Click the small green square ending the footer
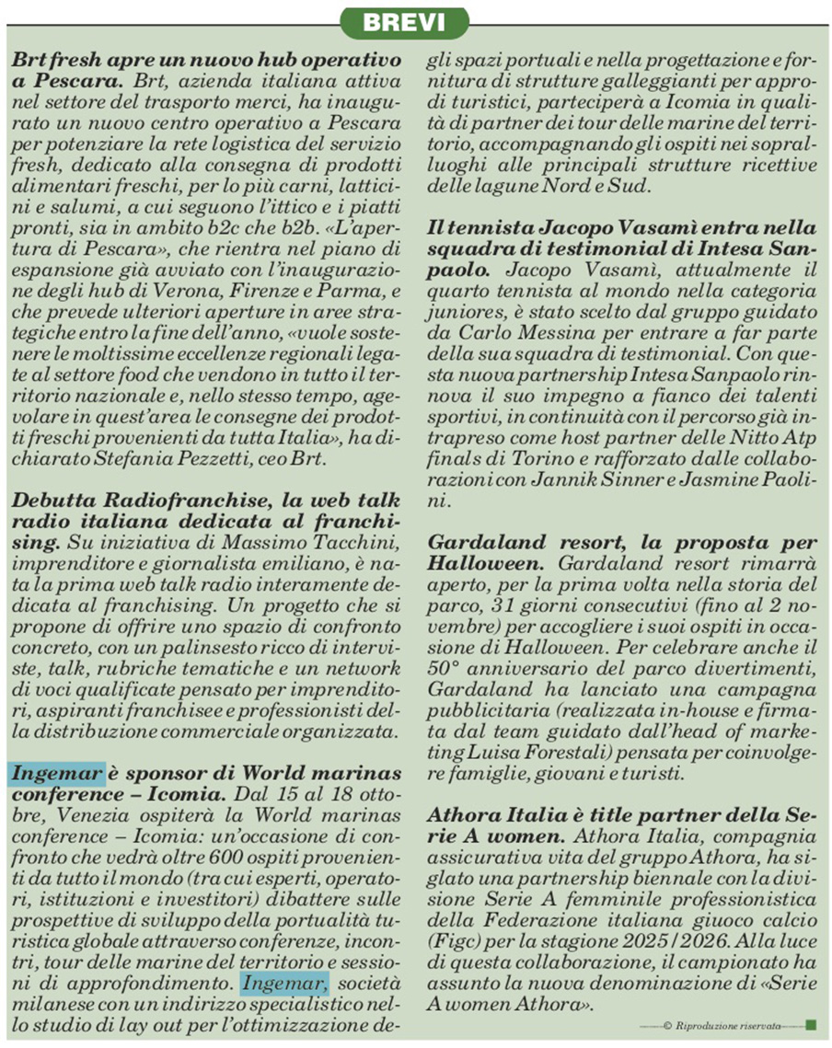click(x=811, y=1024)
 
